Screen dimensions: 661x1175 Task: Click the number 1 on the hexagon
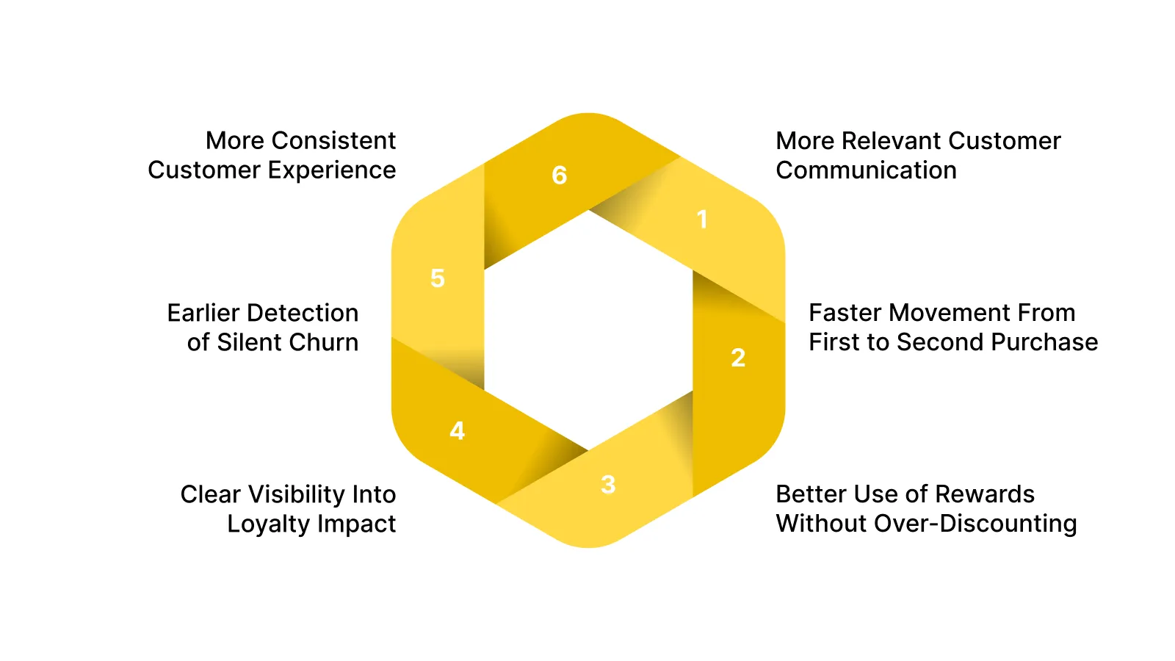pyautogui.click(x=702, y=219)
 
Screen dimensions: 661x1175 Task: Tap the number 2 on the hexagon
pyautogui.click(x=738, y=358)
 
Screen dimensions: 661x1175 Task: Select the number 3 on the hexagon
pyautogui.click(x=608, y=485)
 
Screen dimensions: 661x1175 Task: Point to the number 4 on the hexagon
pyautogui.click(x=457, y=430)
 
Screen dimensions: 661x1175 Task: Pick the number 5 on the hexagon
pyautogui.click(x=438, y=278)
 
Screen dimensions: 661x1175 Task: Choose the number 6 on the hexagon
pyautogui.click(x=560, y=175)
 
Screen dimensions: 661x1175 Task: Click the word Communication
pyautogui.click(x=866, y=170)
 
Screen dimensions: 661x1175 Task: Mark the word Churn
pyautogui.click(x=323, y=342)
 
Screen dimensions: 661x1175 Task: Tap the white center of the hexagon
pyautogui.click(x=588, y=330)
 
